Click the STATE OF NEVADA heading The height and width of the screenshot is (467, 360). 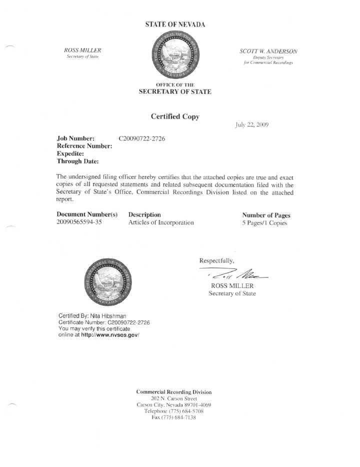point(175,24)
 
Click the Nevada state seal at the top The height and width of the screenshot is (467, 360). point(174,55)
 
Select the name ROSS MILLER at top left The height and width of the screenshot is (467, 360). point(83,50)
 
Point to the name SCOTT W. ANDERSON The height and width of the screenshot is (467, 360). point(268,51)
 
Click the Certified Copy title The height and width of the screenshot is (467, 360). point(175,116)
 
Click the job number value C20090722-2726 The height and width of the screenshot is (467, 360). point(142,137)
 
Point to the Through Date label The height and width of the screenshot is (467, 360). point(77,161)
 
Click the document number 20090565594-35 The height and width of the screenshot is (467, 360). point(79,222)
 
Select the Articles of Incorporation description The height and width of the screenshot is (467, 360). point(161,222)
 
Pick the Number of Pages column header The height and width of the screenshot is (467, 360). point(266,215)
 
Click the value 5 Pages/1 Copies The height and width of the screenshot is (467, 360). point(264,223)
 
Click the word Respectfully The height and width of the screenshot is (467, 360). point(216,260)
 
